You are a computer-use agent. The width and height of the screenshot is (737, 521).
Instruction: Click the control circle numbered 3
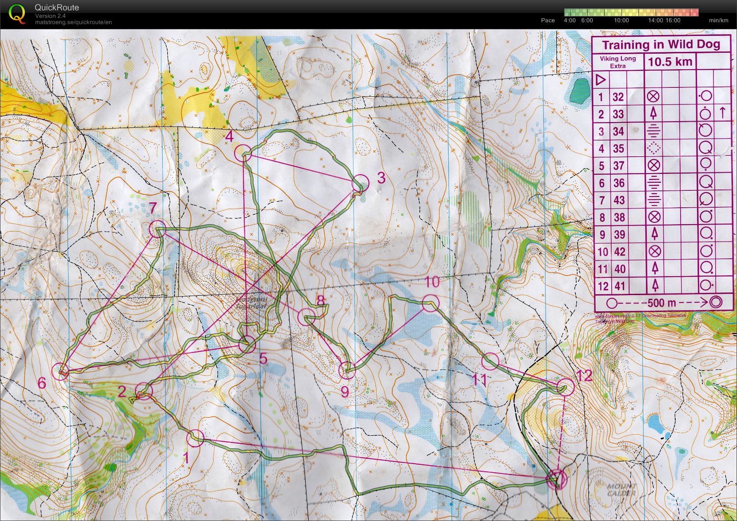[x=360, y=183]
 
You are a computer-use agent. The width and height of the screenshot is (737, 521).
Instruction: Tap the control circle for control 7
[x=157, y=229]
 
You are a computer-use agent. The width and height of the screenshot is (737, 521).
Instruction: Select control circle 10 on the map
[x=430, y=303]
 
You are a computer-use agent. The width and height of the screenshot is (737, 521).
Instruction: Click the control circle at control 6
[x=61, y=371]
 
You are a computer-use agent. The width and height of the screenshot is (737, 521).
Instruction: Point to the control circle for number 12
[x=566, y=387]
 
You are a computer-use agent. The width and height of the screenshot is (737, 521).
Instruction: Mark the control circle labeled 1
[x=195, y=438]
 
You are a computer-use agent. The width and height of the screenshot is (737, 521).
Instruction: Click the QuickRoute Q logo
[x=17, y=13]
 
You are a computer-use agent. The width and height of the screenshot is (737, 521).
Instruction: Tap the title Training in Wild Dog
[x=661, y=44]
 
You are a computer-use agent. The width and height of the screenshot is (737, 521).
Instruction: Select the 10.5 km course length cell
[x=670, y=62]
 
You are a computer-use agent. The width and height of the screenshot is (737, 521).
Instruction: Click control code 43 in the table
[x=619, y=200]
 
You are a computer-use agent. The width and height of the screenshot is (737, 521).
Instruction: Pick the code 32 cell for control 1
[x=618, y=97]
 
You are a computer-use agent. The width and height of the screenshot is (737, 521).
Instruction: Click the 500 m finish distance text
[x=661, y=303]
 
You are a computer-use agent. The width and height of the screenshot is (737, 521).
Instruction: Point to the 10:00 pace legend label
[x=621, y=20]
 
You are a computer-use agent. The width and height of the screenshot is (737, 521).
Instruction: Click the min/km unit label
[x=718, y=20]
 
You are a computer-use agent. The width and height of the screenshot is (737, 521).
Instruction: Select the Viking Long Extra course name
[x=617, y=62]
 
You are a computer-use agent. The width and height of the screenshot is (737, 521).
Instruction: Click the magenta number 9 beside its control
[x=345, y=391]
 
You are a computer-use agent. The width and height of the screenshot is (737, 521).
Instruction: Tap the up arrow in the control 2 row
[x=722, y=114]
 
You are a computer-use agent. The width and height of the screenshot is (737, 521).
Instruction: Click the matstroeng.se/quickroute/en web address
[x=73, y=22]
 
